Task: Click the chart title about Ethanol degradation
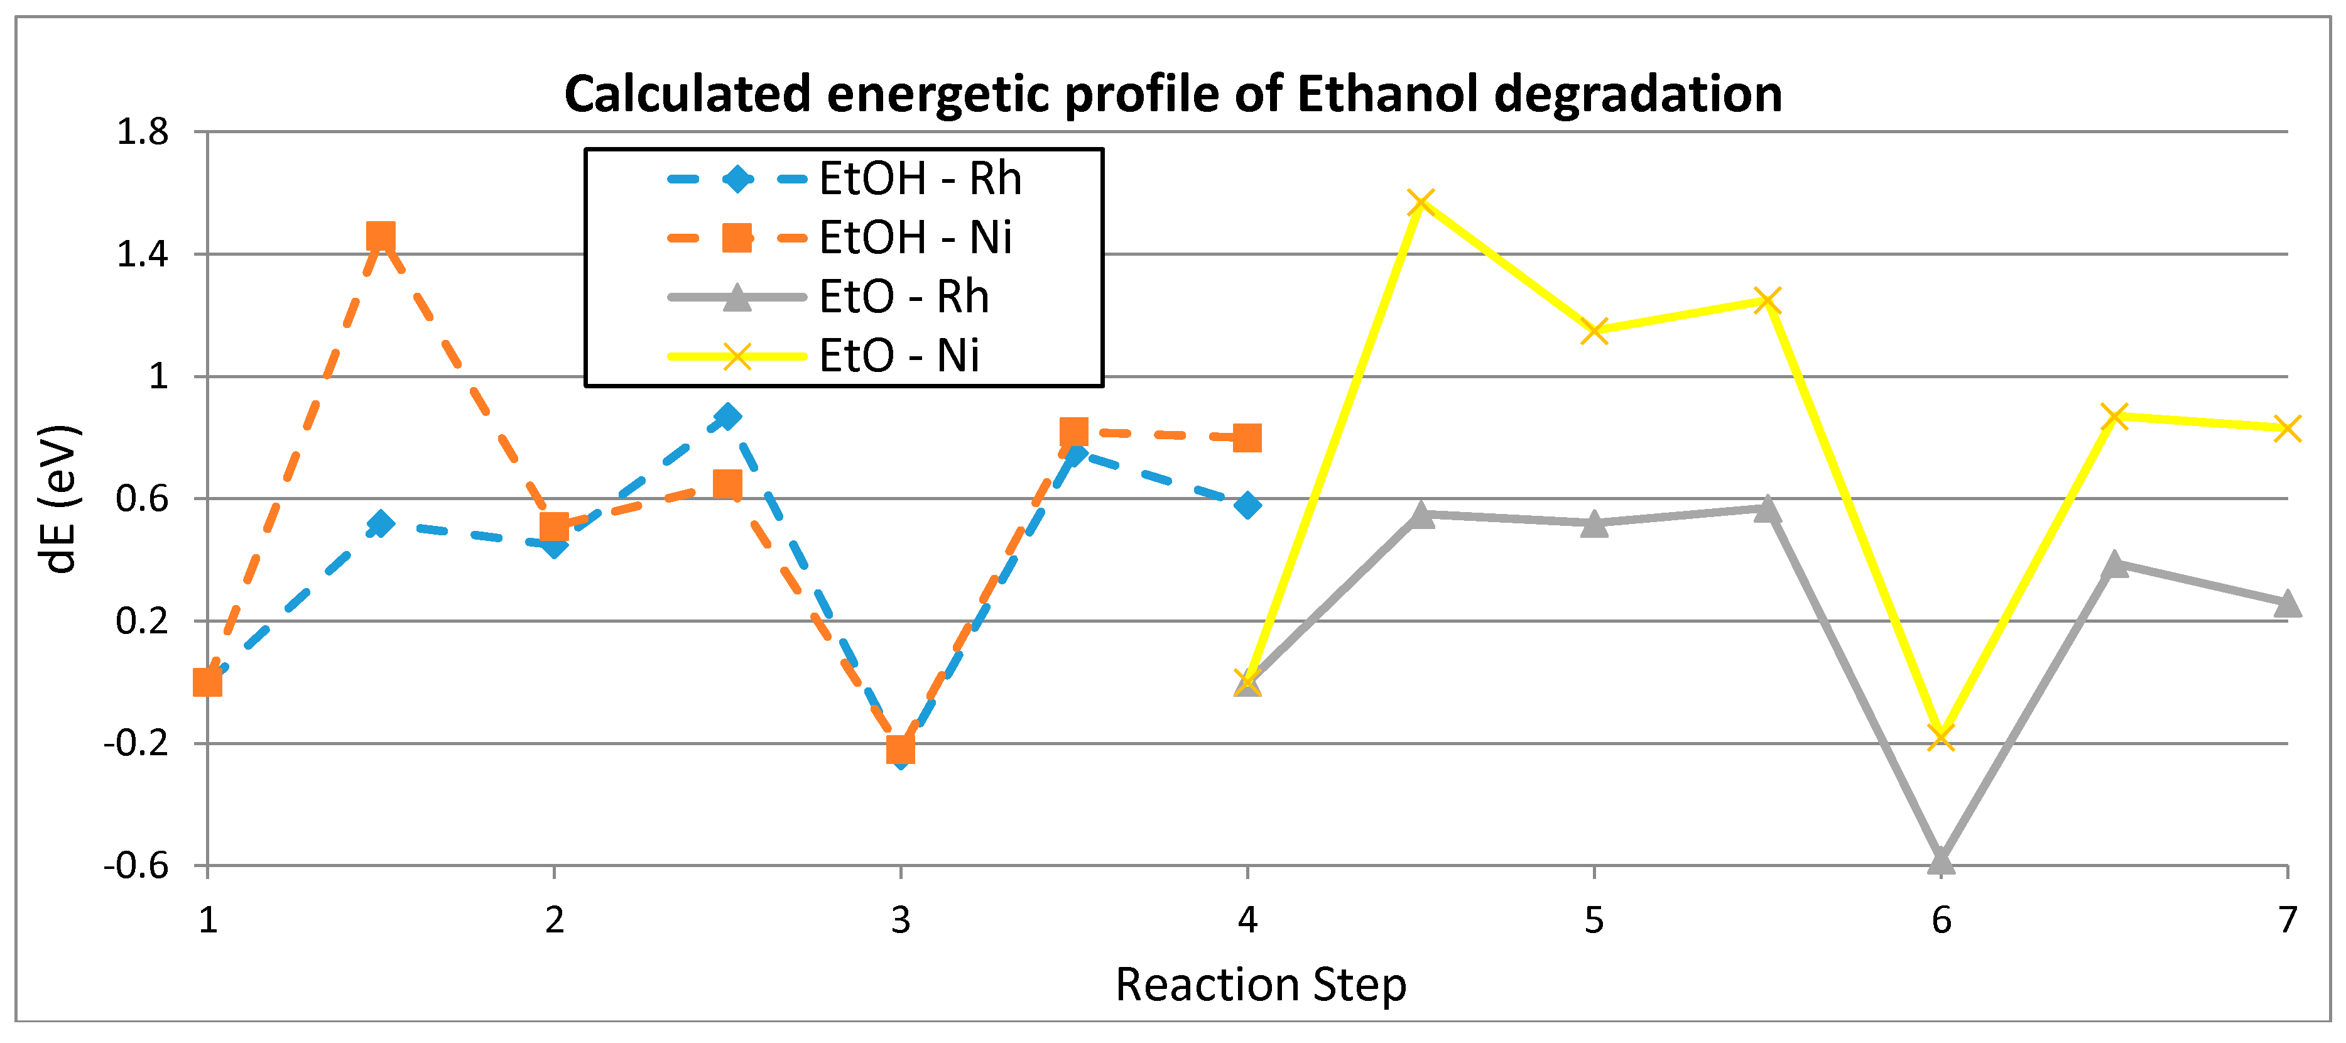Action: point(1173,94)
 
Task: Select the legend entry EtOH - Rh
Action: point(920,178)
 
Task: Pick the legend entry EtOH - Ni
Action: point(915,238)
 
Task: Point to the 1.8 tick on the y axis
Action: point(143,133)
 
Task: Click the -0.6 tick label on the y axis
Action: point(136,865)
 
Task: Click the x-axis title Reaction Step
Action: point(1261,985)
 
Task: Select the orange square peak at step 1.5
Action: point(381,238)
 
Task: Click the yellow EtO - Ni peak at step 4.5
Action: point(1421,203)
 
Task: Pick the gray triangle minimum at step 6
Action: point(1941,860)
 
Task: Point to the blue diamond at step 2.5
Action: point(727,417)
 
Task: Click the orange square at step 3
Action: point(901,749)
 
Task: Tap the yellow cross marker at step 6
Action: point(1941,736)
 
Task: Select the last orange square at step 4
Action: point(1247,438)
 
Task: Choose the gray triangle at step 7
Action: point(2287,604)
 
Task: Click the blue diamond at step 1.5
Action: point(381,524)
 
